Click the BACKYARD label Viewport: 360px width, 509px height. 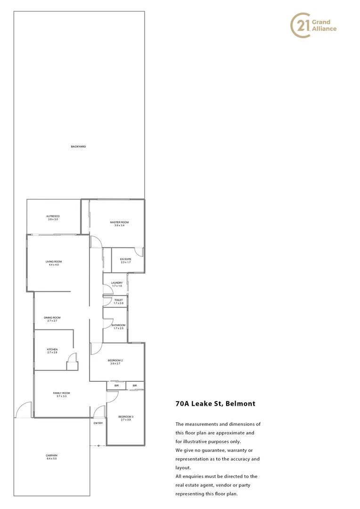(x=78, y=147)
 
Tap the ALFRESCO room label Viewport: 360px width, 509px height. (x=53, y=216)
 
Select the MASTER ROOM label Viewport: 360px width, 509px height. (x=119, y=222)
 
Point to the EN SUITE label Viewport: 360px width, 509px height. (x=125, y=259)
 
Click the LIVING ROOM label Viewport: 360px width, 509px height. (x=54, y=262)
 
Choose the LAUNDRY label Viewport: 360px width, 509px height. (x=117, y=283)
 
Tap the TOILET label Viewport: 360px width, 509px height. (x=118, y=300)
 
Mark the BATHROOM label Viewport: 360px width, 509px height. (x=118, y=325)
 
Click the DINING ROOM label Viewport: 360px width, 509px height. (x=52, y=318)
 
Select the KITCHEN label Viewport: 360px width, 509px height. (x=52, y=349)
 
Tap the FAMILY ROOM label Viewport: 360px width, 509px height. (x=61, y=393)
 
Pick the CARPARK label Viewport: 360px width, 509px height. (x=52, y=455)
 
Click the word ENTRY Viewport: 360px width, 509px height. (x=98, y=423)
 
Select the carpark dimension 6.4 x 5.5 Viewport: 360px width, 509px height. (x=52, y=459)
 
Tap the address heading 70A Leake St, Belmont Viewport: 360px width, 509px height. (x=215, y=404)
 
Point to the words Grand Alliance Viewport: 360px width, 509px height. (x=324, y=25)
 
